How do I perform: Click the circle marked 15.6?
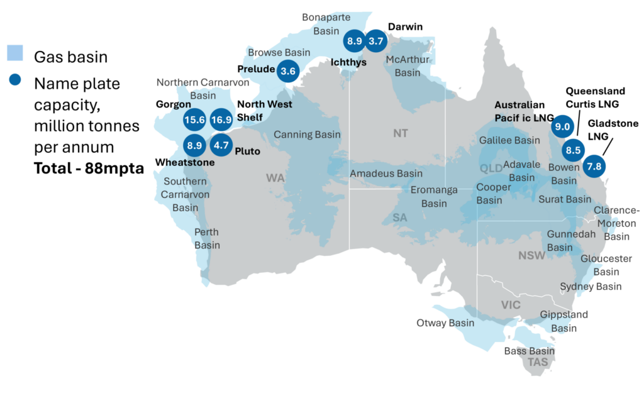194,119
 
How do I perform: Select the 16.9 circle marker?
221,119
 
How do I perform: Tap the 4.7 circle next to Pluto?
221,145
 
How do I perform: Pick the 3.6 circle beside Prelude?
288,71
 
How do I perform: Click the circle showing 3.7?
376,41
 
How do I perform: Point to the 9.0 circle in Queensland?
561,126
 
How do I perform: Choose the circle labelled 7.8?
594,167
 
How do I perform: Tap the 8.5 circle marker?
573,150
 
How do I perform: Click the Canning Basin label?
307,135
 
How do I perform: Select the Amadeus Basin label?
386,173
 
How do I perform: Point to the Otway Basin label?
445,323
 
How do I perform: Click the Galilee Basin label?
509,140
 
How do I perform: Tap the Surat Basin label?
565,199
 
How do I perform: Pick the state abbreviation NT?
401,133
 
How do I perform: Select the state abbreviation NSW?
531,255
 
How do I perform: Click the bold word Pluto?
247,151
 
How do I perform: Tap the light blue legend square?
15,53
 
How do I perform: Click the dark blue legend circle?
15,80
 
